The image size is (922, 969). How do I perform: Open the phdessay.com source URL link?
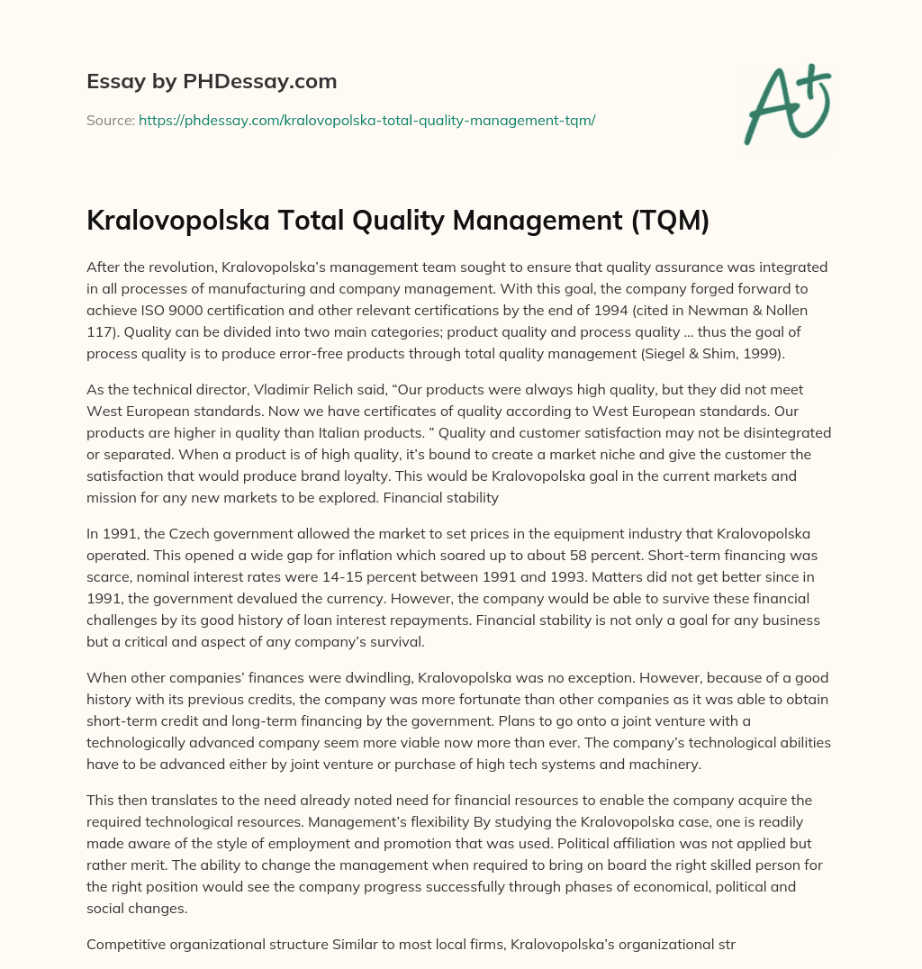[x=366, y=120]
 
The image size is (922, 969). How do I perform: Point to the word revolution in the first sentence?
[x=199, y=267]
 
